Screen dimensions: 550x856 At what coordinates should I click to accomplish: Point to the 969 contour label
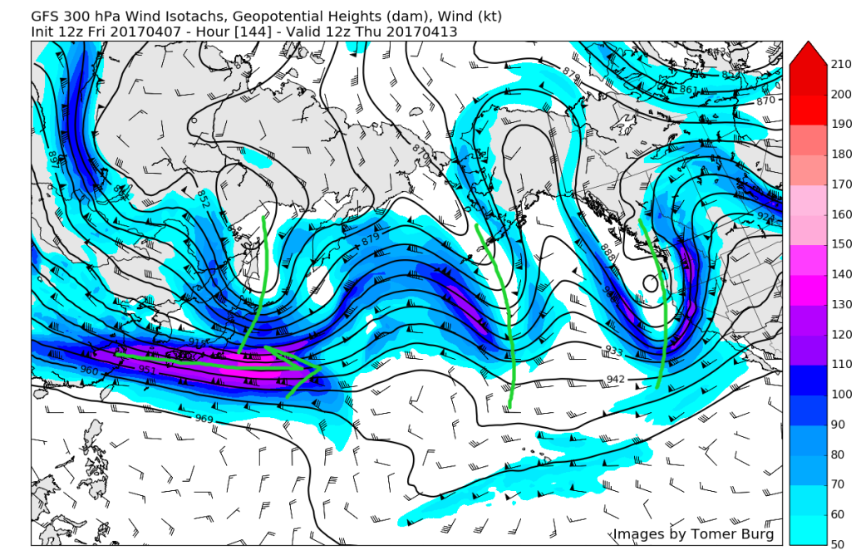coord(205,418)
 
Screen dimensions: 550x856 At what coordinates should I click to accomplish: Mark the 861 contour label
coord(688,90)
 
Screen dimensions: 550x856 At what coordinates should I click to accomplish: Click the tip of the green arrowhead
coord(322,365)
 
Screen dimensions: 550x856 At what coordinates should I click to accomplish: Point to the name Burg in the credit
coord(754,533)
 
